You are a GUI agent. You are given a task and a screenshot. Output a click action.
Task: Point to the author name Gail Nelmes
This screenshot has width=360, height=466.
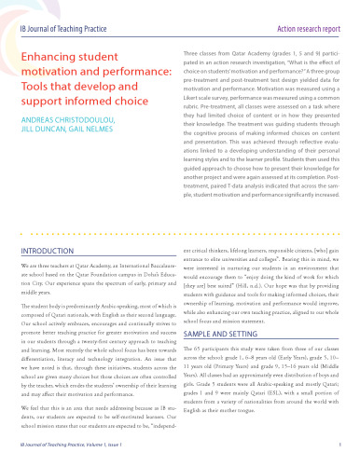104,157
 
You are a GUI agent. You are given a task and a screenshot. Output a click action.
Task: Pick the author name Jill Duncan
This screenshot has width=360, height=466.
42,157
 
